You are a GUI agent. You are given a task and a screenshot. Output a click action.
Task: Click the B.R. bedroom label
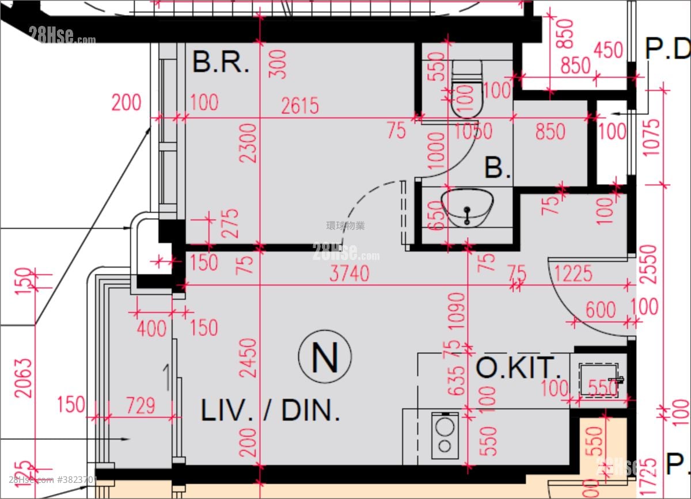tap(221, 62)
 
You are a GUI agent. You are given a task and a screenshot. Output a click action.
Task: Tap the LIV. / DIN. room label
tap(270, 410)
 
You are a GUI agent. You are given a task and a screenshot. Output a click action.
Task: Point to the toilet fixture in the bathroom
tap(466, 89)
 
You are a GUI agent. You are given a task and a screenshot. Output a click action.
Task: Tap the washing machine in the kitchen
tap(445, 435)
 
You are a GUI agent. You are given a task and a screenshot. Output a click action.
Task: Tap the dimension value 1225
tap(573, 273)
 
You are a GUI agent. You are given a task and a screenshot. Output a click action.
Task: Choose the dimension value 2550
tap(651, 264)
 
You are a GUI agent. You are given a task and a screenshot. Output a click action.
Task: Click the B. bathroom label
tap(498, 168)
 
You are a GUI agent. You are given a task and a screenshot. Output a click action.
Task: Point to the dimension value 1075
tap(651, 138)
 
